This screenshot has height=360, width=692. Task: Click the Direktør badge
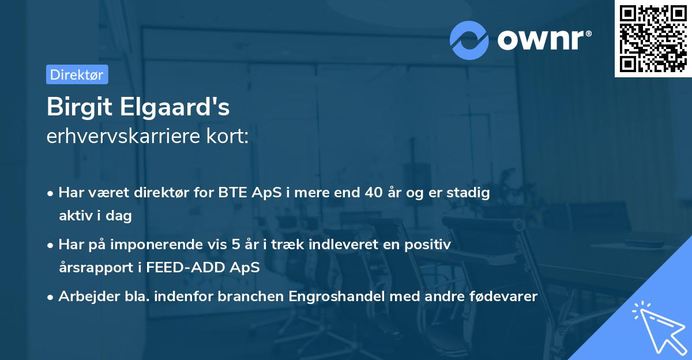tap(77, 74)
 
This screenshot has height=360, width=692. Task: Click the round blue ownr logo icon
tap(469, 40)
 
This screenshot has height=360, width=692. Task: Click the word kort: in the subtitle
tap(231, 137)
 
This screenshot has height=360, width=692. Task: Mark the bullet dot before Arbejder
tap(51, 297)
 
